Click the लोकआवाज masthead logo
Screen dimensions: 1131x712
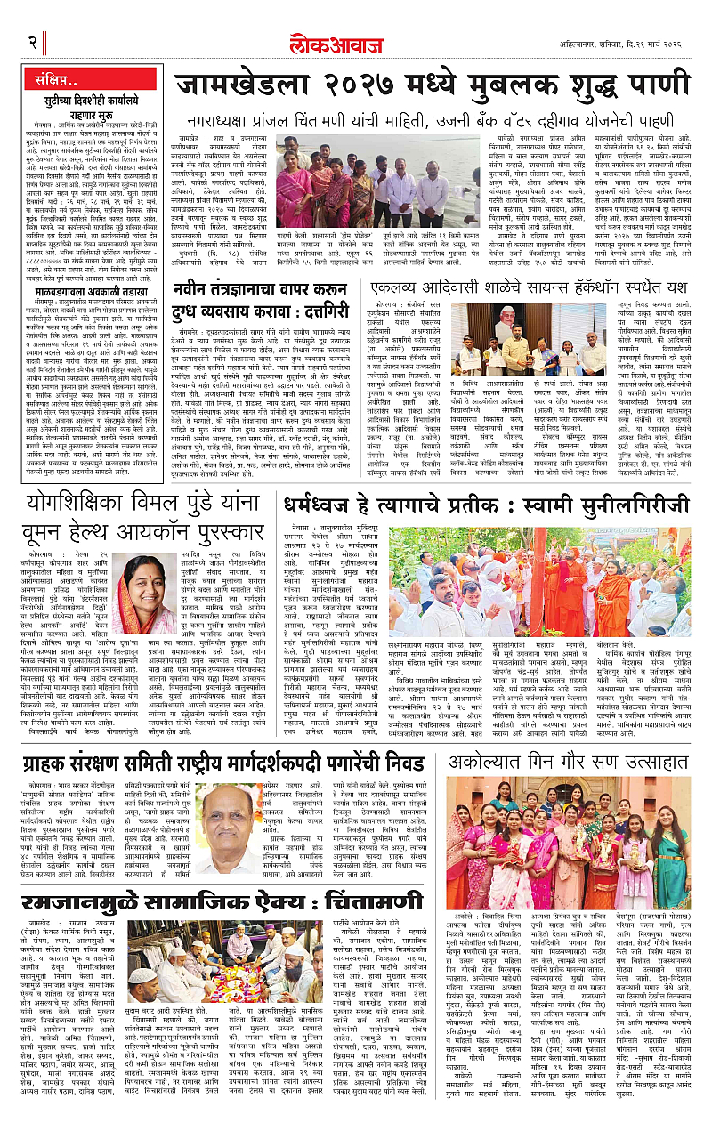355,41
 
